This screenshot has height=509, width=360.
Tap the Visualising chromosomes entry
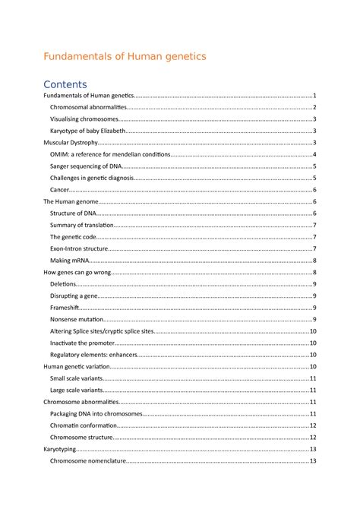pyautogui.click(x=84, y=119)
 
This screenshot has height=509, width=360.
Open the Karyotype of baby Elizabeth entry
pyautogui.click(x=88, y=131)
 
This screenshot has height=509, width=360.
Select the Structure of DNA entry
pyautogui.click(x=73, y=213)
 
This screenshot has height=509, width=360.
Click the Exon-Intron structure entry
pyautogui.click(x=82, y=249)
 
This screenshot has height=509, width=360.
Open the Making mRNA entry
pyautogui.click(x=71, y=261)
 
